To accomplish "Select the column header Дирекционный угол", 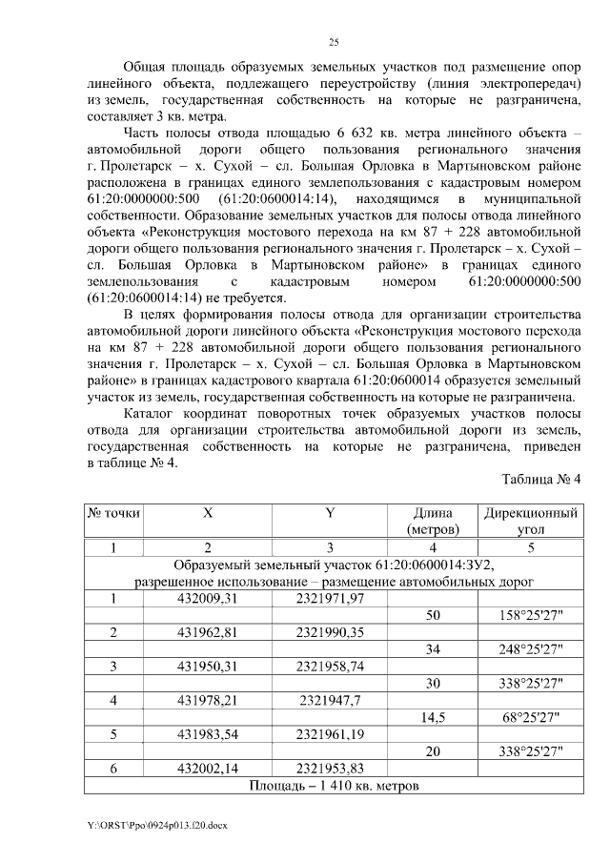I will coord(531,521).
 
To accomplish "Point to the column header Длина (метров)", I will coord(433,521).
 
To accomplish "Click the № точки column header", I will coord(113,513).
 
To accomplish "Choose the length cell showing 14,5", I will coord(433,717).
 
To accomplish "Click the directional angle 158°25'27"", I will coord(531,615).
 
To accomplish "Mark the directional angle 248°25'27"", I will coord(531,649).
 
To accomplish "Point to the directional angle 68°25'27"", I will coord(531,717).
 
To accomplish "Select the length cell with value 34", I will coord(433,649).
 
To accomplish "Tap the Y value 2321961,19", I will coord(330,734).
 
